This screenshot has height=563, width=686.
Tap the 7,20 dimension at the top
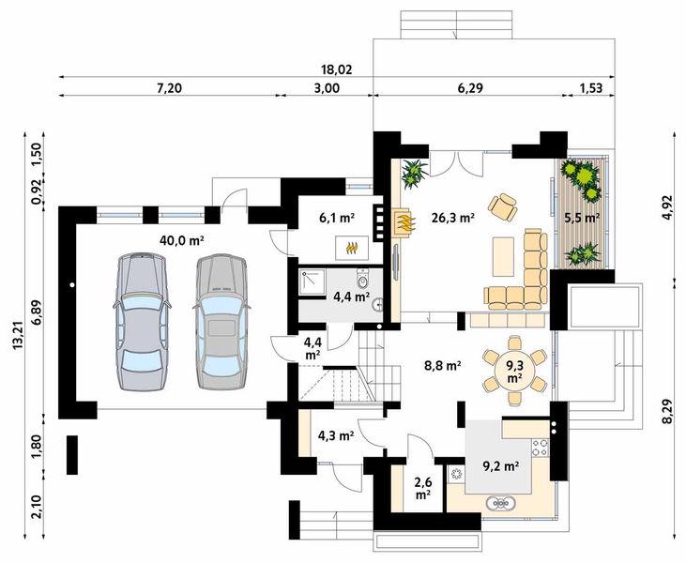pos(168,87)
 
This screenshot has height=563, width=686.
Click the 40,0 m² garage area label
pos(182,240)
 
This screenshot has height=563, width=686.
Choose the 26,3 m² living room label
pos(451,217)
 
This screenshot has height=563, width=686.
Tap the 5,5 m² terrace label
pos(582,217)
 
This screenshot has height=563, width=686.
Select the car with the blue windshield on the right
pos(221,321)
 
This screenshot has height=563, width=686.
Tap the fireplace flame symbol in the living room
pos(404,224)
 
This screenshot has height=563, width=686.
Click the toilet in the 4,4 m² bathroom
pos(363,280)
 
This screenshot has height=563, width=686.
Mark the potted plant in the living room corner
pos(414,172)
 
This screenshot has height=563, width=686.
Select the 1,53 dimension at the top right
pos(590,87)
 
